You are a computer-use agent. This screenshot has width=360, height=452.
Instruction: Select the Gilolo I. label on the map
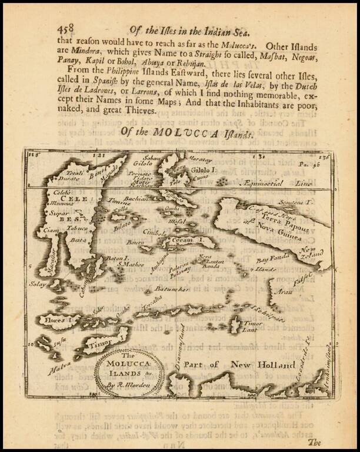tap(204, 170)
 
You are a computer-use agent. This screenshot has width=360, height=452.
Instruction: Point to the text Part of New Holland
tap(238, 365)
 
